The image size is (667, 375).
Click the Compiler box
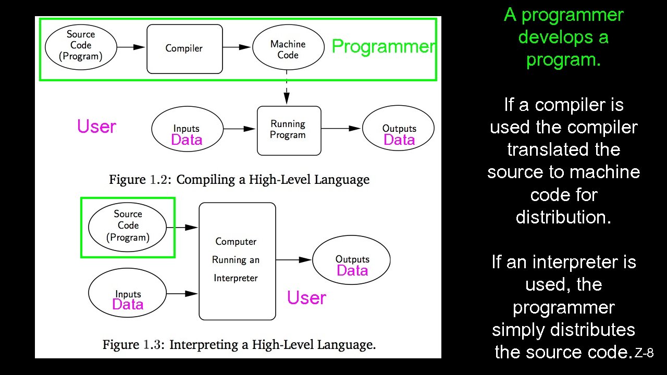(184, 48)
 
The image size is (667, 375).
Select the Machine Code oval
(288, 49)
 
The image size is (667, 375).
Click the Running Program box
(289, 130)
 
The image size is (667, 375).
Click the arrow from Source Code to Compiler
(131, 47)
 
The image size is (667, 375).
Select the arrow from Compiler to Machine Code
(237, 47)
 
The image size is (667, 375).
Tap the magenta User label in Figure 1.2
(96, 127)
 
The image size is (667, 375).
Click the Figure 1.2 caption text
(239, 180)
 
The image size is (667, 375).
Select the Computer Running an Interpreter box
(237, 260)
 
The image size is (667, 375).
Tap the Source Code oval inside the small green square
(128, 226)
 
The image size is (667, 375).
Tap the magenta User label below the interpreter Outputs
(306, 298)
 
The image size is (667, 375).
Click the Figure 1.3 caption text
(239, 345)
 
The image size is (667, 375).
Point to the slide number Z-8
(644, 353)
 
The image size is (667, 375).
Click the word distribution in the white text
(563, 217)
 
